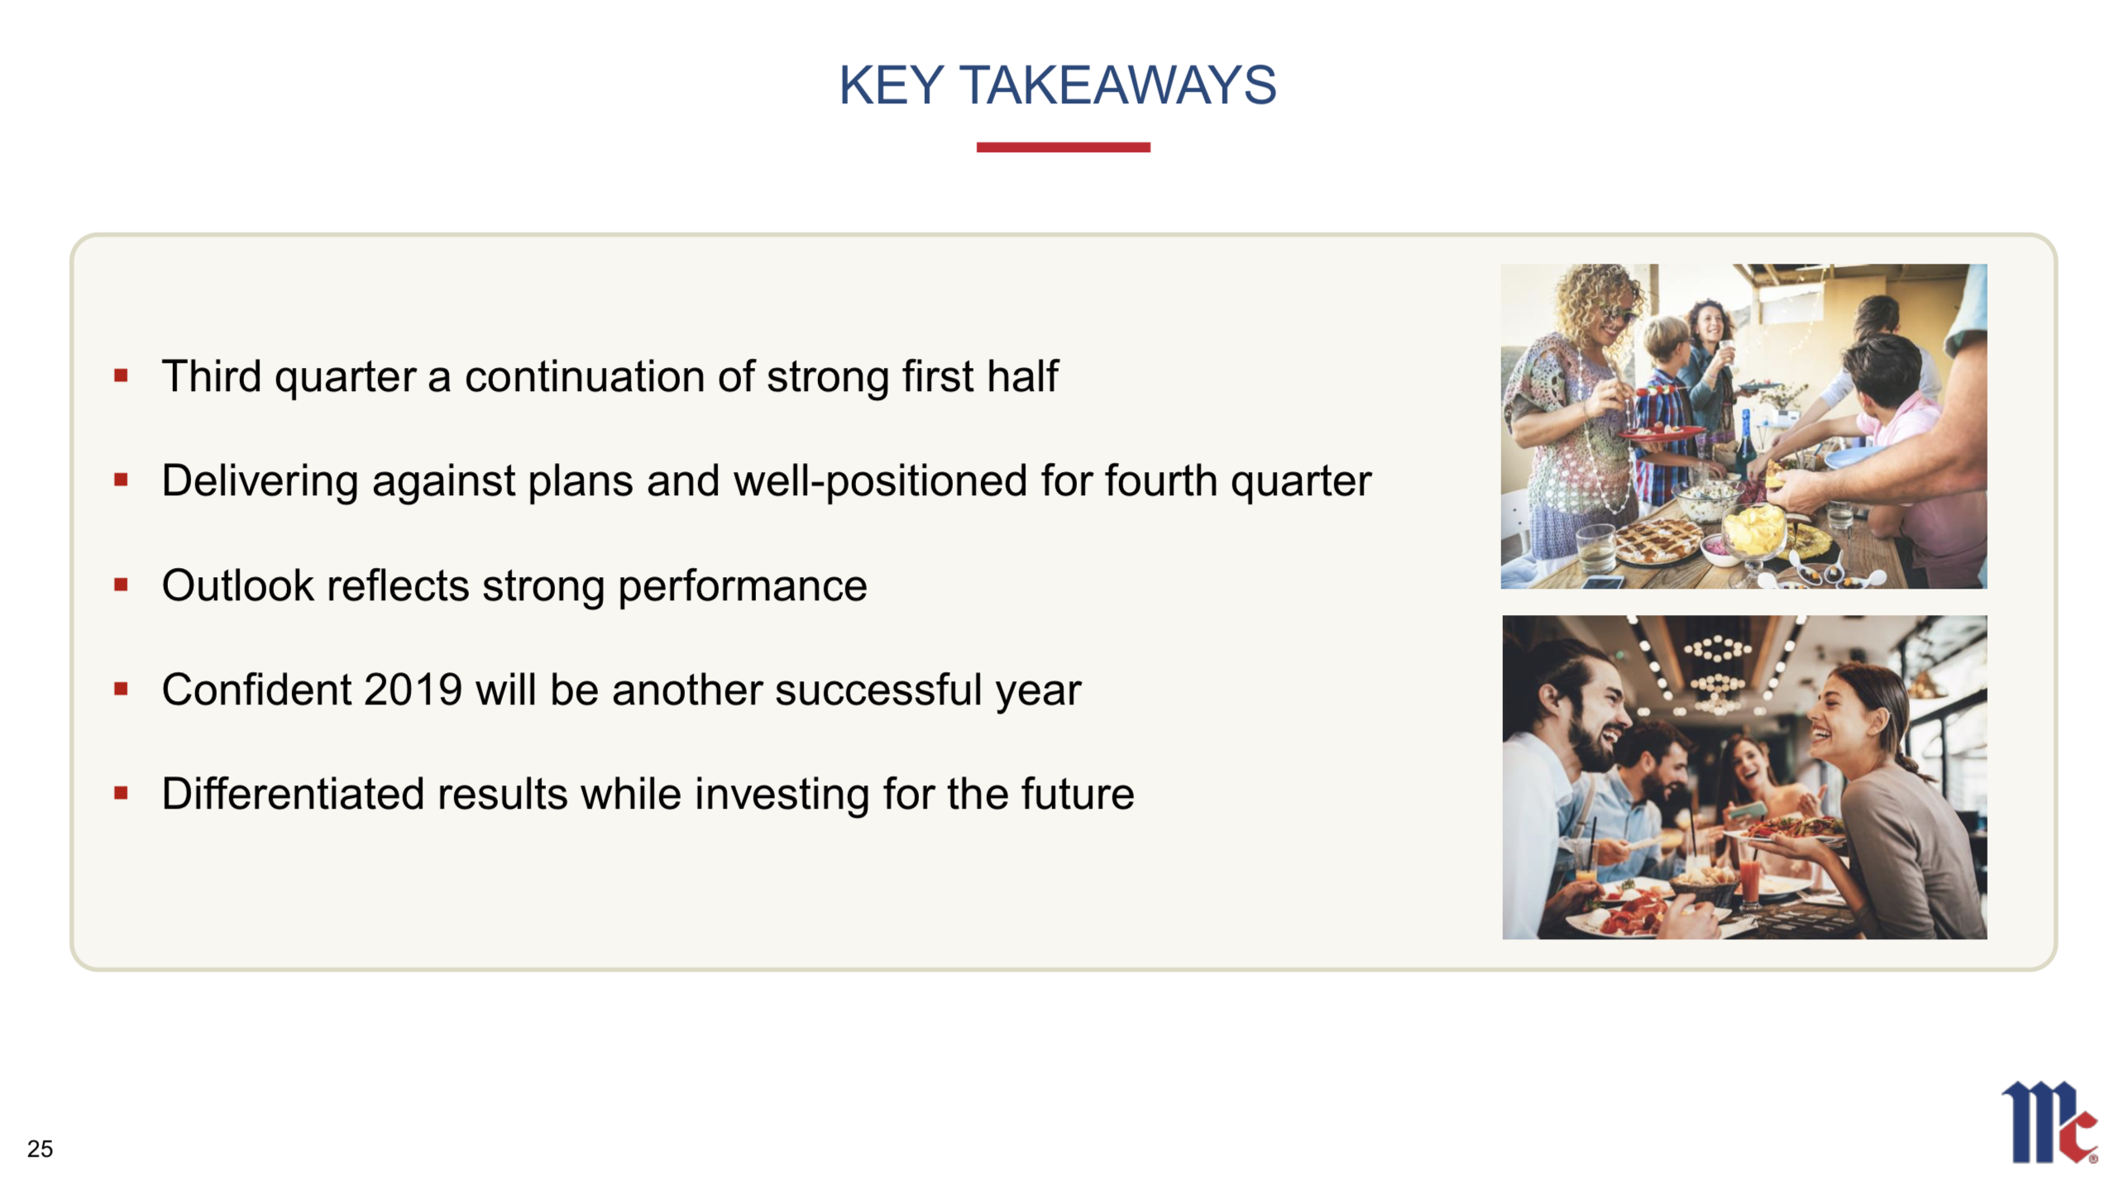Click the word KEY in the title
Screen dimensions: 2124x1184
(x=891, y=85)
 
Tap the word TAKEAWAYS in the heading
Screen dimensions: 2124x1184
(x=1117, y=85)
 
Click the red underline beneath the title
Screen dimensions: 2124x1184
(x=1063, y=147)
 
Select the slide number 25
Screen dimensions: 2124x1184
(x=40, y=1148)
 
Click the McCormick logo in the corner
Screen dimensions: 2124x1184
(x=2050, y=1122)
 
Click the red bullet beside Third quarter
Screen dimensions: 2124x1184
(x=121, y=376)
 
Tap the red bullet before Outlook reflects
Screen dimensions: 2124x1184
(x=121, y=585)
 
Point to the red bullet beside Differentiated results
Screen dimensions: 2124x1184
(x=121, y=794)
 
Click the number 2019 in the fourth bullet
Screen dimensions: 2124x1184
(x=412, y=690)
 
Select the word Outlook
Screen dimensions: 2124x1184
(x=237, y=585)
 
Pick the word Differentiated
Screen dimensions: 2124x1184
(x=293, y=794)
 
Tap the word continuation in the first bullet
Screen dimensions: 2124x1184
(x=584, y=376)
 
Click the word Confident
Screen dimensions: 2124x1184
(x=256, y=690)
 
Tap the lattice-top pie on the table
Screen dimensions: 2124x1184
(x=1657, y=538)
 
